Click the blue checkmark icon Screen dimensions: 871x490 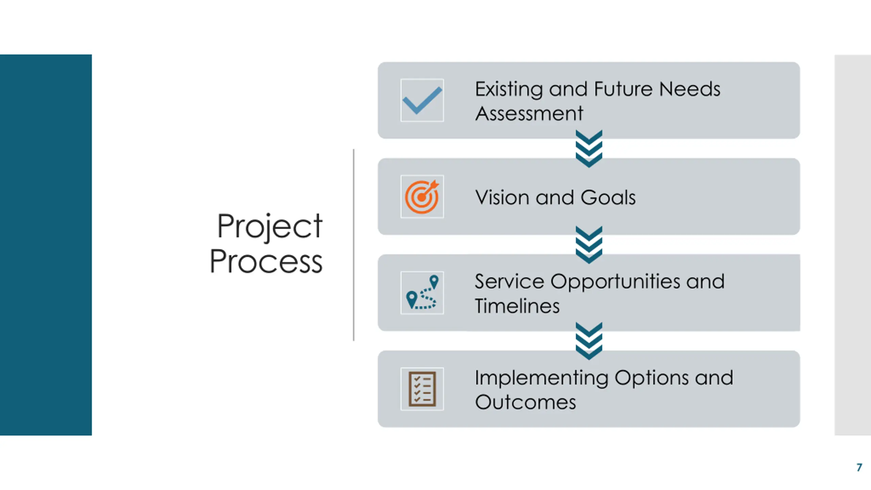point(422,100)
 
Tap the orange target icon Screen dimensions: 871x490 point(422,197)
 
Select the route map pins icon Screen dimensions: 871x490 point(422,293)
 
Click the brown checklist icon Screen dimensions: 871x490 point(422,389)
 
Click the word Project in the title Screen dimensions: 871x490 point(269,227)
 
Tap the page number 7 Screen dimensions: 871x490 point(859,467)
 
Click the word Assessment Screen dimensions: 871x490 point(529,113)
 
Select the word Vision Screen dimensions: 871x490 point(503,197)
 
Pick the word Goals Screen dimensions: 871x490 point(608,197)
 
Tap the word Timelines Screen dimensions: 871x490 point(517,306)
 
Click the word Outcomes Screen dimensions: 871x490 point(525,402)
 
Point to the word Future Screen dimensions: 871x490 point(624,89)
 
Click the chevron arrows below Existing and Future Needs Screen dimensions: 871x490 point(589,149)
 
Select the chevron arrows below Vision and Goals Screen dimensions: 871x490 point(589,245)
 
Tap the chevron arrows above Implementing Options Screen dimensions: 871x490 point(589,341)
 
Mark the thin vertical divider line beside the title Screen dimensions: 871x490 point(354,245)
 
